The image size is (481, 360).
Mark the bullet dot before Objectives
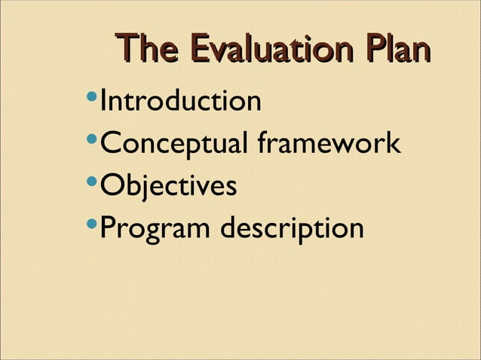[91, 182]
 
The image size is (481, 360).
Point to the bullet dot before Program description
[91, 225]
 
